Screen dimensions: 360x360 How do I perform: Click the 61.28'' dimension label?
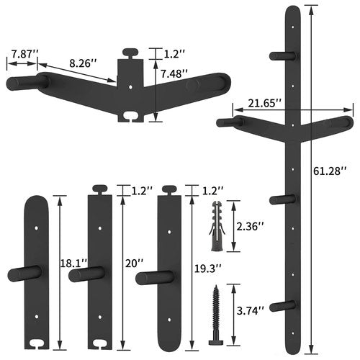(x=330, y=171)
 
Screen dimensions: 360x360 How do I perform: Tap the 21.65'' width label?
(x=264, y=104)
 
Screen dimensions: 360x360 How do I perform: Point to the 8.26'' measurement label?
(x=83, y=63)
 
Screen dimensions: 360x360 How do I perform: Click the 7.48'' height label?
(x=174, y=74)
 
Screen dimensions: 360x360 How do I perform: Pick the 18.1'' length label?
(x=73, y=264)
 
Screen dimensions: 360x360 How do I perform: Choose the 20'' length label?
(x=135, y=264)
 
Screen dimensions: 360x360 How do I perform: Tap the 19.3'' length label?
(x=207, y=269)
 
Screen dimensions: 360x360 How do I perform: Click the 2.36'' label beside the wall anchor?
(x=250, y=226)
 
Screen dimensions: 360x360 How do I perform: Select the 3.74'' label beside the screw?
(x=251, y=311)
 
